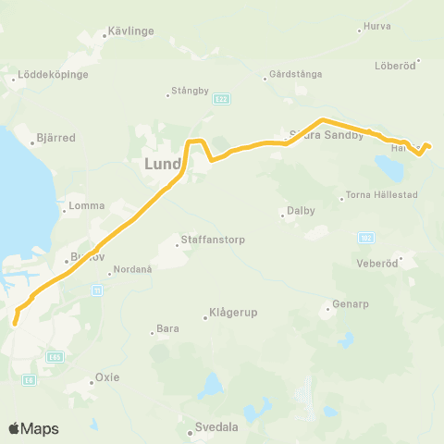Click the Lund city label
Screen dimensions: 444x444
[x=163, y=165]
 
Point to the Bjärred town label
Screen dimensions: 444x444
[x=54, y=138]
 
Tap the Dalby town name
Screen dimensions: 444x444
[x=301, y=211]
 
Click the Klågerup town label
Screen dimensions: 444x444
[x=230, y=313]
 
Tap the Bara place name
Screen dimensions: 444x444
[x=167, y=328]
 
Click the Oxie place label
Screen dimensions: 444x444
[x=107, y=377]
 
